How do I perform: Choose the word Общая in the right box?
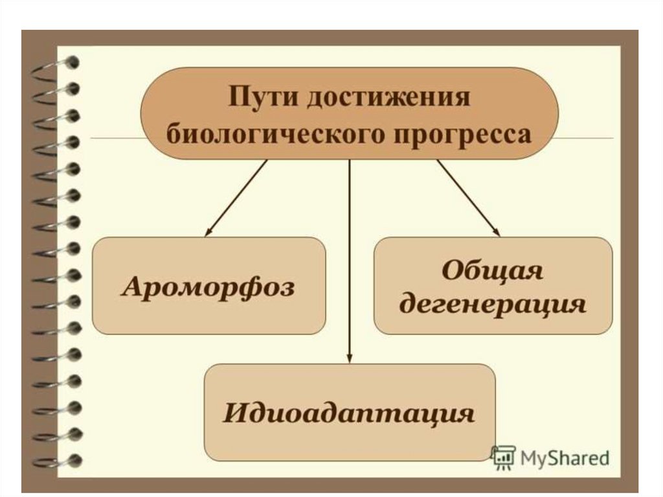pos(492,271)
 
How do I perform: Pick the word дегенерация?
pos(493,303)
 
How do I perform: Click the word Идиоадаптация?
pos(349,413)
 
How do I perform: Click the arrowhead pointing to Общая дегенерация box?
pos(497,232)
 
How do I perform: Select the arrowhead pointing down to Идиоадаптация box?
pos(349,358)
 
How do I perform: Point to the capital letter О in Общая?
pos(452,271)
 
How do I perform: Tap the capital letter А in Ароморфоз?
pos(132,286)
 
